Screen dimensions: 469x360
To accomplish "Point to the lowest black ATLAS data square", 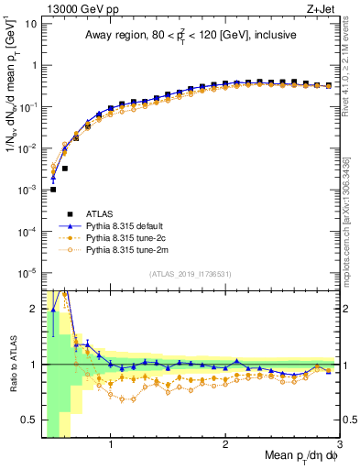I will point(53,190).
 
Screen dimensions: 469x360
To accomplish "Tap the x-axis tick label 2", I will point(225,446).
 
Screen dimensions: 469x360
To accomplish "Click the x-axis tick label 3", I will point(339,446).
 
